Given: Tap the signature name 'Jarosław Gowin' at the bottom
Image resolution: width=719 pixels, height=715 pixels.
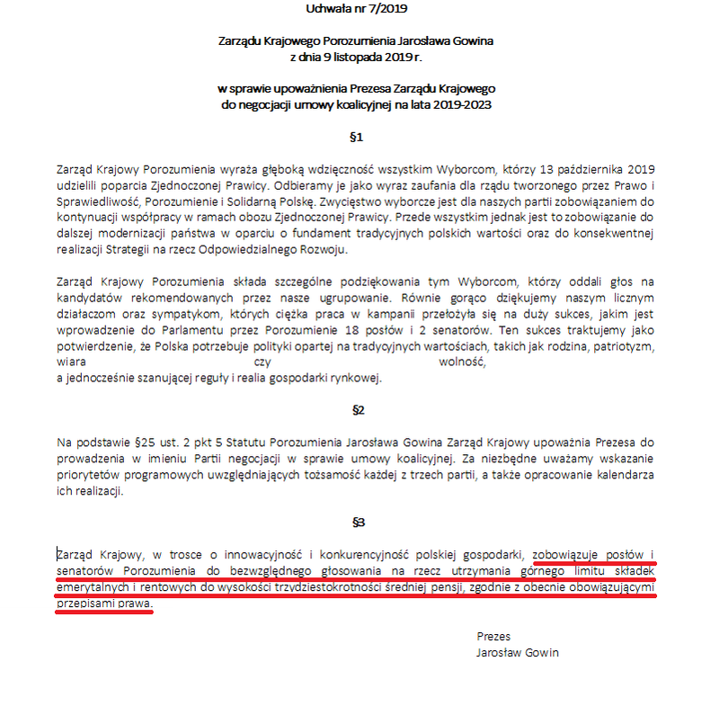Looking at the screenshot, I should pyautogui.click(x=518, y=652).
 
